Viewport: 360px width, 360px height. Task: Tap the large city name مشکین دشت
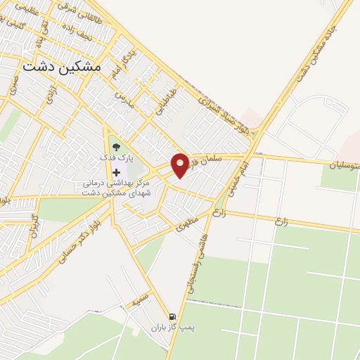(63, 66)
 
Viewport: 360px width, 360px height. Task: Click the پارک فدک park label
(116, 157)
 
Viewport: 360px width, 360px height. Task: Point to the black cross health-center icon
(116, 172)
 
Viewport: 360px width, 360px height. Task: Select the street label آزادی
(51, 98)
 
